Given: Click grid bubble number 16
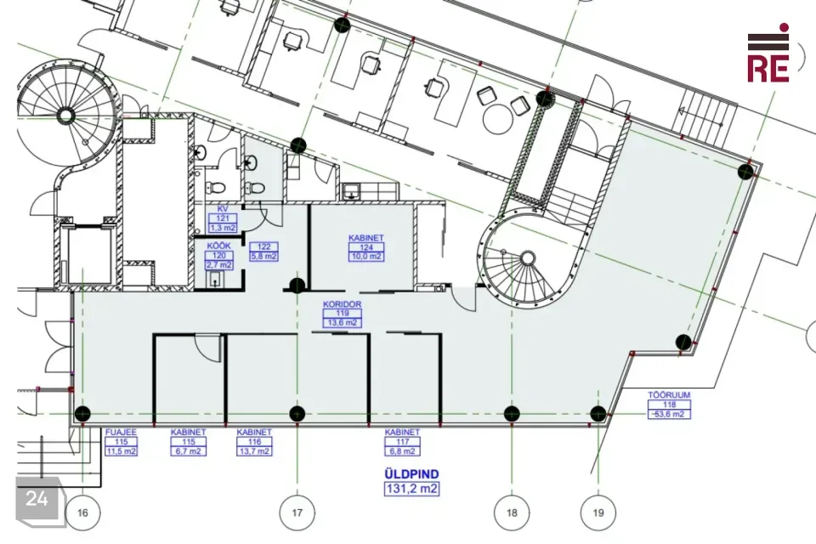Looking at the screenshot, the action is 82,513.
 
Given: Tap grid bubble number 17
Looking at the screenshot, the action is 297,513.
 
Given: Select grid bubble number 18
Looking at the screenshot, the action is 512,513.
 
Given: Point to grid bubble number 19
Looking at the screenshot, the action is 598,513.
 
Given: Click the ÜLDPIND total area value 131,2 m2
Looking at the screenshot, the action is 411,489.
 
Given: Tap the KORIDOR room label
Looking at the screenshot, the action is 343,304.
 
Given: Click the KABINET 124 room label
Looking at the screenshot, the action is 366,238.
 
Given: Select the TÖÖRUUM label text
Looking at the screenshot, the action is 669,395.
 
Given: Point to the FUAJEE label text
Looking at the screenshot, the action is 121,432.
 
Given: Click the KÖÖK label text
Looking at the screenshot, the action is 219,246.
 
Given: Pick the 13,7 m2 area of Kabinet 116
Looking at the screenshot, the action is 254,451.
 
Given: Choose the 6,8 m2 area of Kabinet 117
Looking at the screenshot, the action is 402,451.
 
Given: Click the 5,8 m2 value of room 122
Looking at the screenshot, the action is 263,256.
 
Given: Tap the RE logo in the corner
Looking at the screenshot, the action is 768,54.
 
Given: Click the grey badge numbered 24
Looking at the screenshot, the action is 37,499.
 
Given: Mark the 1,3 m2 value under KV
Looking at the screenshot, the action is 223,228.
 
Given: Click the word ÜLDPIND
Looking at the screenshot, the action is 411,474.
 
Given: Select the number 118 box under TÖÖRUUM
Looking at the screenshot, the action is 669,405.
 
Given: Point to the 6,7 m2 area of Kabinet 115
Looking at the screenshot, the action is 189,451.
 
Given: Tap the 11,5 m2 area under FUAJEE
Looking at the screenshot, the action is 121,451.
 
